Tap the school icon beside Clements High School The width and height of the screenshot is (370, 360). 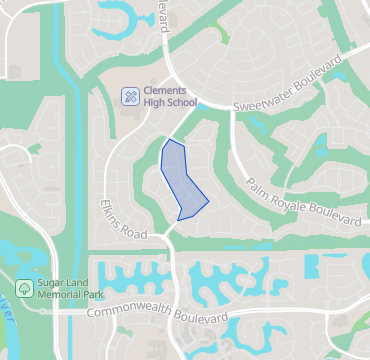click(130, 96)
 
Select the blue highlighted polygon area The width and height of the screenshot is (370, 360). click(180, 180)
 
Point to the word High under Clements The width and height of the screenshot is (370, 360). click(154, 103)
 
